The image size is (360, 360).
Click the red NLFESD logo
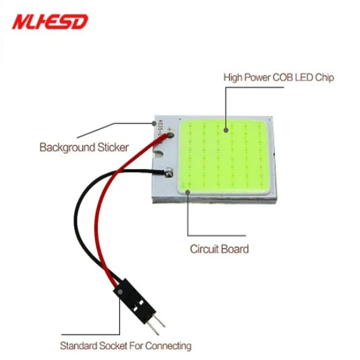point(50,21)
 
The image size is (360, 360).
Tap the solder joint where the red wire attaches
point(170,133)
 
